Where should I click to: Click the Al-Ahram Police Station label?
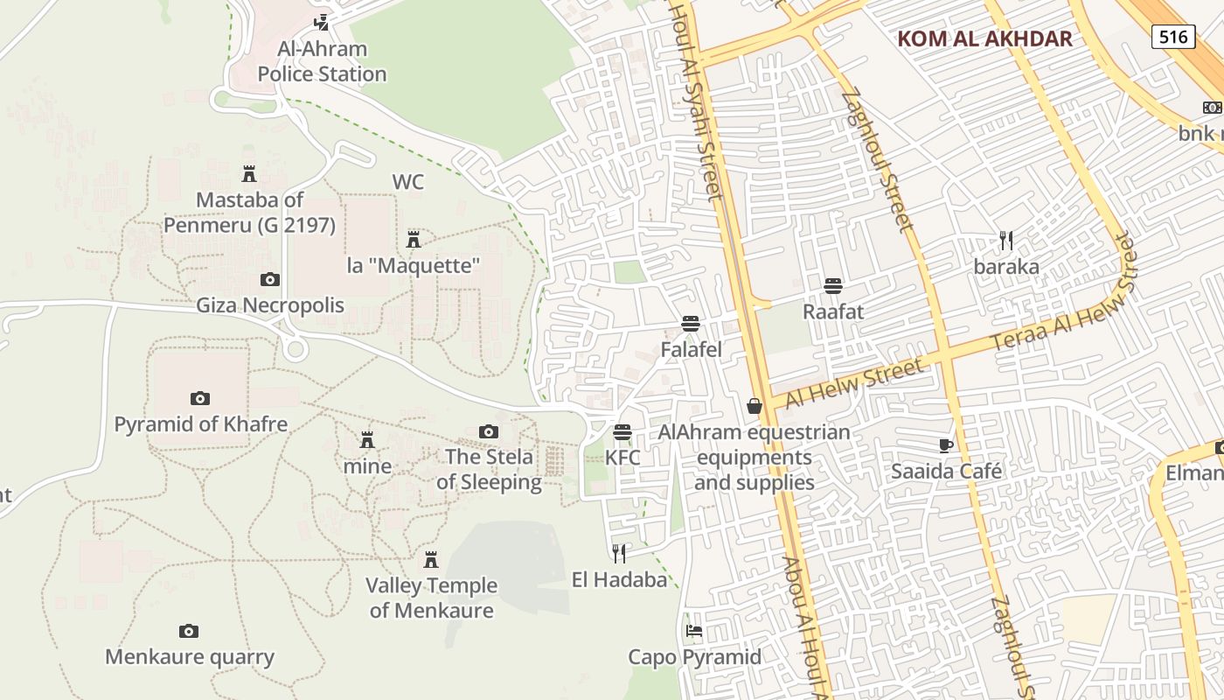pos(322,61)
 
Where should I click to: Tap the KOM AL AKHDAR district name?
pos(984,38)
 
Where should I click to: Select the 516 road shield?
pos(1172,36)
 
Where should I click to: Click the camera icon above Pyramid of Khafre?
pos(200,399)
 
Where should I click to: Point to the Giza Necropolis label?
pos(269,305)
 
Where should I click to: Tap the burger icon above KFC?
pos(622,432)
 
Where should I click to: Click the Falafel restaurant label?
pos(691,350)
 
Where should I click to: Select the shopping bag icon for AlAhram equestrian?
pos(754,406)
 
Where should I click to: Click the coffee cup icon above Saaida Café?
pos(946,445)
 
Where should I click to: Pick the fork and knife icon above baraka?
pos(1006,241)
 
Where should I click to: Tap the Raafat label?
pos(833,311)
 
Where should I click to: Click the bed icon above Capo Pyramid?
pos(694,631)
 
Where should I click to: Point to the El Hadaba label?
pos(619,578)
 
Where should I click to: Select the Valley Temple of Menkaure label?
pos(431,598)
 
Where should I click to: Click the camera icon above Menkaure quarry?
pos(189,631)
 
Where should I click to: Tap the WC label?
pos(407,182)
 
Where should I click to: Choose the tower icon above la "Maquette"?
pos(414,239)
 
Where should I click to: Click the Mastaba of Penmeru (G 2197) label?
pos(249,213)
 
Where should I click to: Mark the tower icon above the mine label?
pos(367,440)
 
